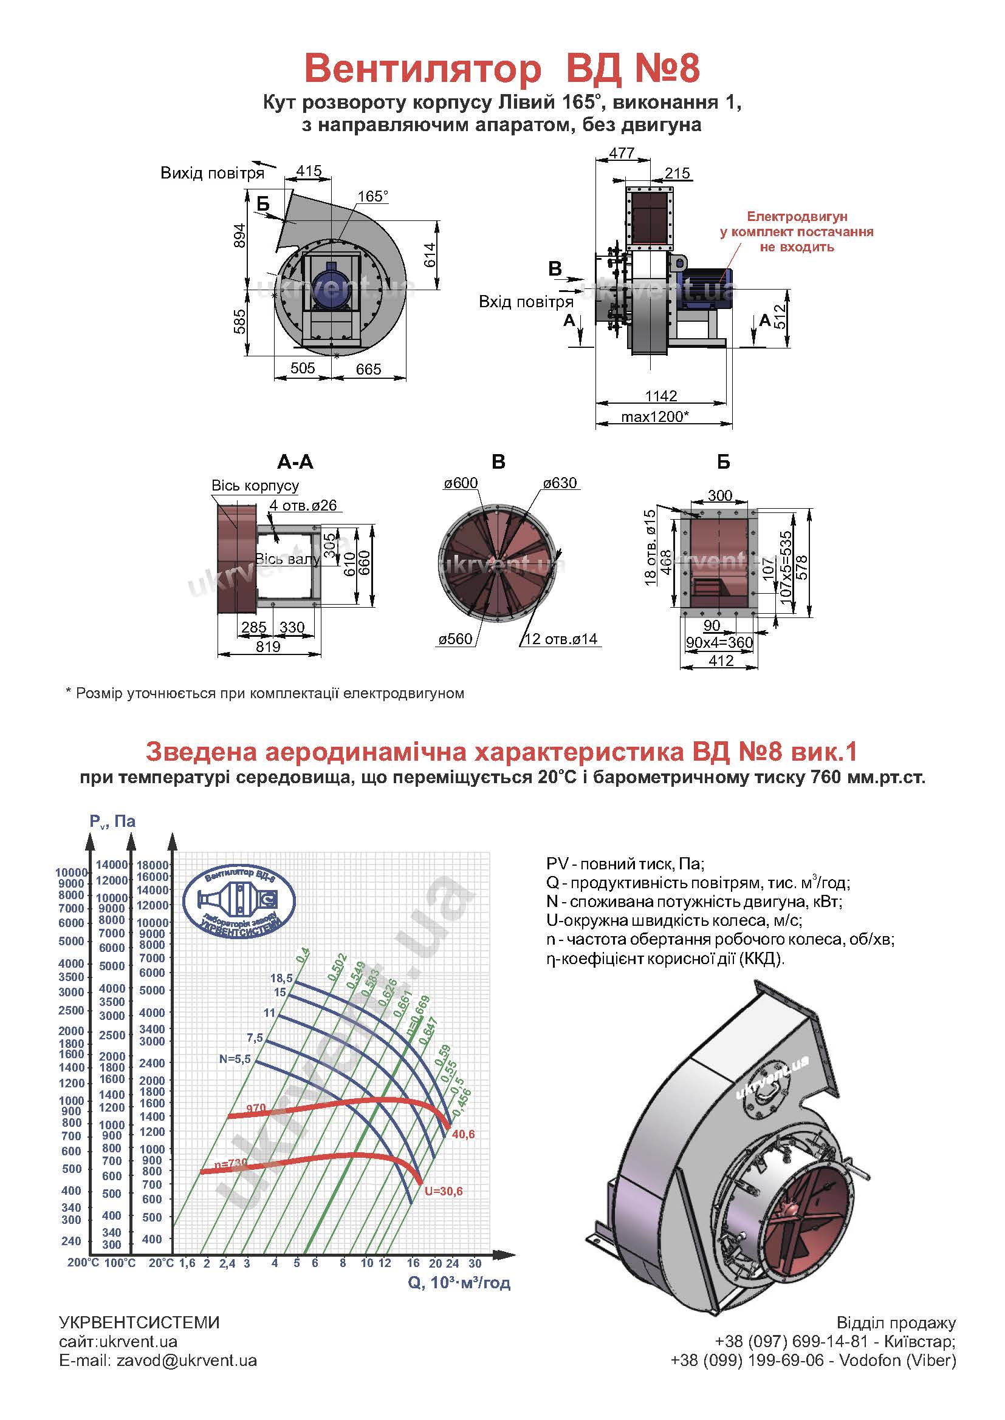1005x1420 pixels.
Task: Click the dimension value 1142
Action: pyautogui.click(x=661, y=395)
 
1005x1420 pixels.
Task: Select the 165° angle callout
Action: pyautogui.click(x=372, y=196)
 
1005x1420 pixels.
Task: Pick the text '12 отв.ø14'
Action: pyautogui.click(x=561, y=639)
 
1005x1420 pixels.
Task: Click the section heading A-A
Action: pyautogui.click(x=295, y=462)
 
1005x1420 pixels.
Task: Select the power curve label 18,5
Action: pyautogui.click(x=281, y=978)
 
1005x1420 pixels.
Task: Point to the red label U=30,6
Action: pyautogui.click(x=443, y=1191)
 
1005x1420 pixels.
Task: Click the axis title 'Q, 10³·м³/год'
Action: pyautogui.click(x=459, y=1283)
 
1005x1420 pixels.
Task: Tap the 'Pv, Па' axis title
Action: pyautogui.click(x=112, y=821)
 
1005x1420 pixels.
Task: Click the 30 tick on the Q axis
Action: pyautogui.click(x=475, y=1263)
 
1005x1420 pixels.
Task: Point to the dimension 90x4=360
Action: pyautogui.click(x=719, y=642)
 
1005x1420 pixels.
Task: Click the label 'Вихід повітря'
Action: pyautogui.click(x=212, y=173)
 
